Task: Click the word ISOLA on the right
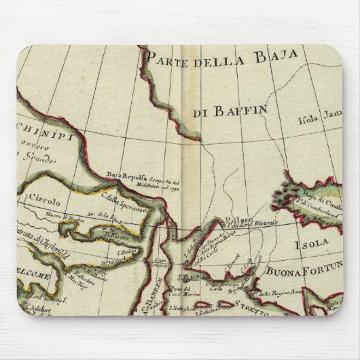pyautogui.click(x=314, y=240)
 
